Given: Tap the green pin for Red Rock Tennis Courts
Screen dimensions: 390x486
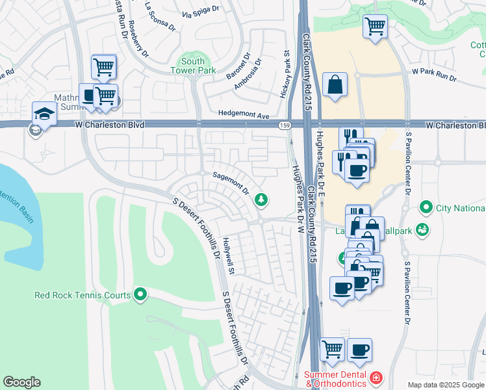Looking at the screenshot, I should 140,295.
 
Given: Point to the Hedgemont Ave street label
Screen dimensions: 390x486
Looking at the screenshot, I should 244,115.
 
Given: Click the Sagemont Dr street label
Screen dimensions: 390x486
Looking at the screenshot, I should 231,183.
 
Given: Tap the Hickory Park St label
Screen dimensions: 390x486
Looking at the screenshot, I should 284,75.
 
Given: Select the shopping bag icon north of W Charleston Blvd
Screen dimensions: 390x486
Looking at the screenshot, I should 335,84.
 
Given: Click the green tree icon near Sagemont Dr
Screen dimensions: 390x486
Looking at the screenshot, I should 261,200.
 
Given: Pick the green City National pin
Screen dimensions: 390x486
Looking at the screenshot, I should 426,208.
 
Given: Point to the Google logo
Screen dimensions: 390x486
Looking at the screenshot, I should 21,382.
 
